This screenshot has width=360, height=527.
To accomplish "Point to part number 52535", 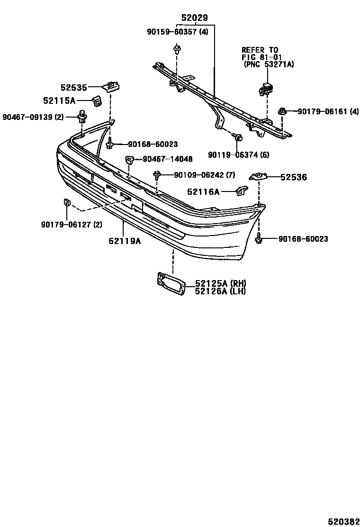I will coord(74,87).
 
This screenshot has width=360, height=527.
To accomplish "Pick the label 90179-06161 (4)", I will coord(328,111).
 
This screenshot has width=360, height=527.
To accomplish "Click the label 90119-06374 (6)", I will coord(238,154).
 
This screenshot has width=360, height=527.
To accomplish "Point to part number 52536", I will coord(293,177).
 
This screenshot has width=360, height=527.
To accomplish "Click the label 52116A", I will coord(203,191).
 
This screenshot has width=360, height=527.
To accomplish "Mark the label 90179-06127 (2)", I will coord(71,225).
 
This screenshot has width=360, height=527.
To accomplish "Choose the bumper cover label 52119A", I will coord(125,241).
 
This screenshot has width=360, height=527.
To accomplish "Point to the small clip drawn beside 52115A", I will coord(98,100).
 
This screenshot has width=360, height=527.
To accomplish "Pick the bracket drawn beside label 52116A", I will coord(242,191).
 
